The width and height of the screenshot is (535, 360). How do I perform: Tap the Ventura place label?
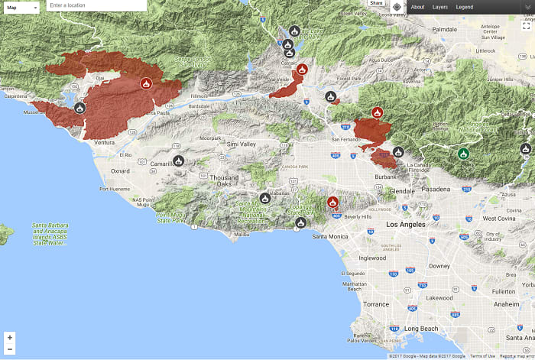104,142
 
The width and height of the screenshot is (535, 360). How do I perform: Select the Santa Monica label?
330,236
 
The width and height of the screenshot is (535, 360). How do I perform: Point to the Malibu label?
242,235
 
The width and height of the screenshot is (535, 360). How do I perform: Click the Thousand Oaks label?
225,180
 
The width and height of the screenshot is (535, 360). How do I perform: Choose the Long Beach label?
421,328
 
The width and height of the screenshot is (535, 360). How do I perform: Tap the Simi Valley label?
242,144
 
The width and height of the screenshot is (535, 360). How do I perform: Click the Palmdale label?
444,30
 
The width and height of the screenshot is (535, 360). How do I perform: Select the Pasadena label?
436,187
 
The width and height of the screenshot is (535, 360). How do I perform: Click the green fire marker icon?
463,154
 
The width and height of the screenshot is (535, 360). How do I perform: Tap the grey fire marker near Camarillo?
178,161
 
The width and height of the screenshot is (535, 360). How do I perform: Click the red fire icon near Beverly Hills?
332,203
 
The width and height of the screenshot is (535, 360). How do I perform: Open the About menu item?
417,7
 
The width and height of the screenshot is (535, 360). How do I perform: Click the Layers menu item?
440,7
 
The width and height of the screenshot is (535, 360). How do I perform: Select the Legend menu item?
464,7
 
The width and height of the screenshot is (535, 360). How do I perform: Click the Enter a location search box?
96,6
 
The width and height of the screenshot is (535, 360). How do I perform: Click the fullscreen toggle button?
526,25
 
